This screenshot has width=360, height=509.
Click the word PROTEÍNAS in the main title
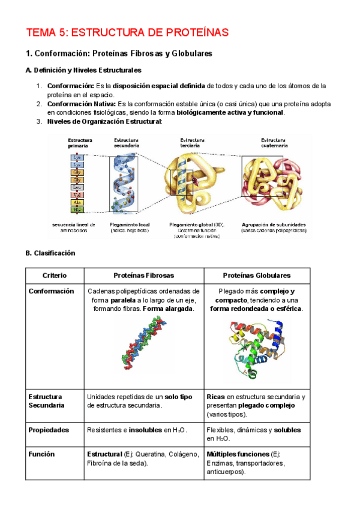(x=195, y=32)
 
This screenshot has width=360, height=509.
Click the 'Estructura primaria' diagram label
(x=80, y=143)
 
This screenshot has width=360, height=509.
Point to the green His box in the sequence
(x=77, y=210)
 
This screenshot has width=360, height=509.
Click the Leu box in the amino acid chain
(x=77, y=187)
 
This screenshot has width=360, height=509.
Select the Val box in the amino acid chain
(x=77, y=194)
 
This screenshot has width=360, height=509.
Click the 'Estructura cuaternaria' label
(x=277, y=143)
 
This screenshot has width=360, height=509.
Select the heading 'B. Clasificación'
(x=50, y=253)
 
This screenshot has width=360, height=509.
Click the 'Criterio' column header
(x=54, y=276)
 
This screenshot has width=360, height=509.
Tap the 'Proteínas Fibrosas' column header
(x=143, y=276)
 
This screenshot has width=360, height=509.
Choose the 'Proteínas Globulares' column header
(x=256, y=276)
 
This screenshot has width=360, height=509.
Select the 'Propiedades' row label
(x=49, y=430)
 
